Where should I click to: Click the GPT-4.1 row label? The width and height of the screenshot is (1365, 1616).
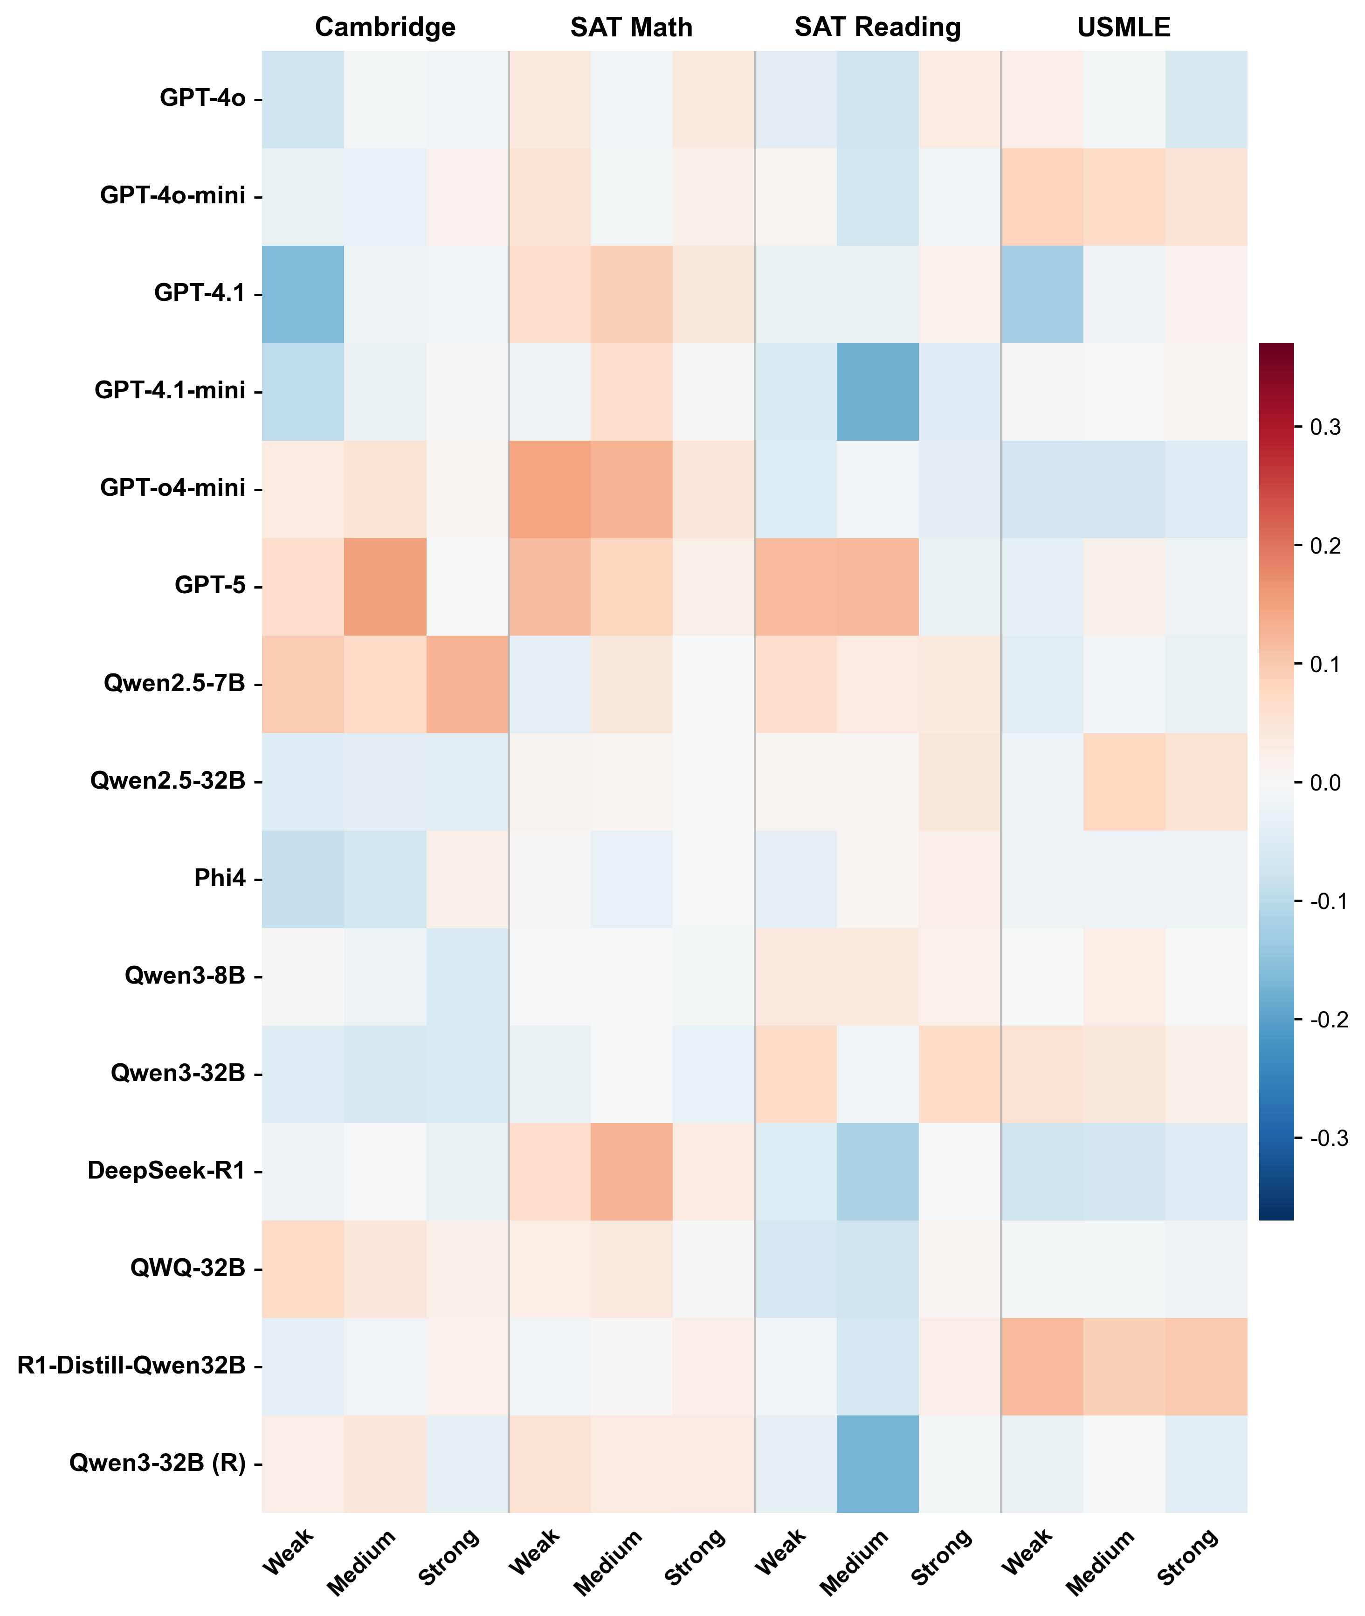200,293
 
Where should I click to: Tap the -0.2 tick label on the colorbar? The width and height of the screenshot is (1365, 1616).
1328,1020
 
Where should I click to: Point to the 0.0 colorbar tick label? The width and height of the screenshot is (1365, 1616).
1325,783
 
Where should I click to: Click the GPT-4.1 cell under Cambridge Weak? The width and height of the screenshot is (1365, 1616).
303,294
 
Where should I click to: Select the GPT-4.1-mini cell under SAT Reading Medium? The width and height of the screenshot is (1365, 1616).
877,392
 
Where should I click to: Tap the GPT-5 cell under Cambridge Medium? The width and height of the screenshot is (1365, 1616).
385,587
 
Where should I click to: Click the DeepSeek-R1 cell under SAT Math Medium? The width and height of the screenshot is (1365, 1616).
631,1171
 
